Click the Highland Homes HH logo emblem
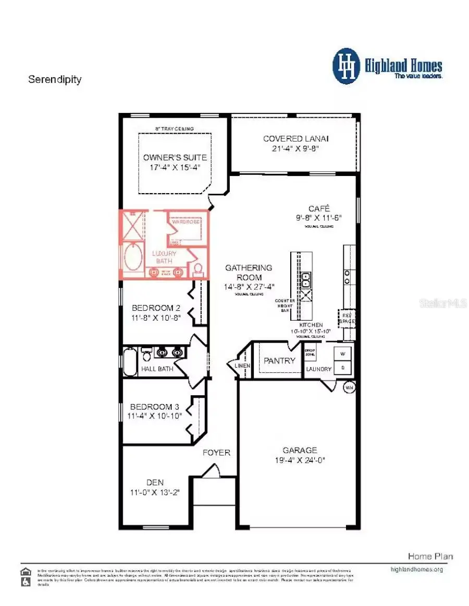(x=347, y=66)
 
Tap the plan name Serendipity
(x=55, y=80)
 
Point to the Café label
(x=319, y=208)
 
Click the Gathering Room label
(x=249, y=272)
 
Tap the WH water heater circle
(x=349, y=387)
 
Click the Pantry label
(x=279, y=360)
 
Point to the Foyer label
(x=216, y=452)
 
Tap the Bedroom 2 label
(x=156, y=308)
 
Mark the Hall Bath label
(x=157, y=369)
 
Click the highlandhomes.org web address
(x=416, y=569)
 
